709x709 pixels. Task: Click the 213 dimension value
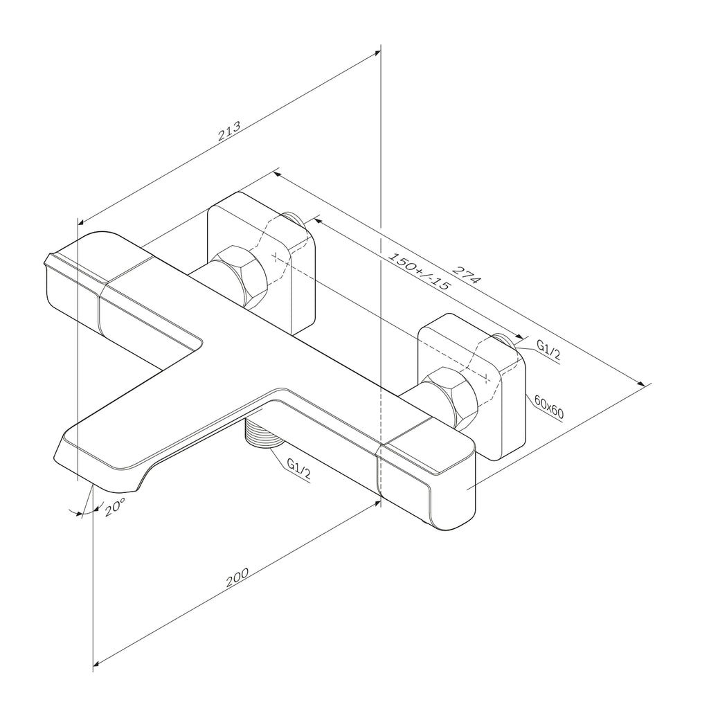pos(229,131)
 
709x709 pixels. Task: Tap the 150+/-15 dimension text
pos(420,271)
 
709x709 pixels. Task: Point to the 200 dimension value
pos(237,577)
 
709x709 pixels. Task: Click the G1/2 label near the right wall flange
pos(548,350)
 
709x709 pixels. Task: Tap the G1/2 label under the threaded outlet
pos(299,469)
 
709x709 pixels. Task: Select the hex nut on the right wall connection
pos(450,398)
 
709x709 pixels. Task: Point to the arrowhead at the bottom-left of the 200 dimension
pos(96,665)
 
